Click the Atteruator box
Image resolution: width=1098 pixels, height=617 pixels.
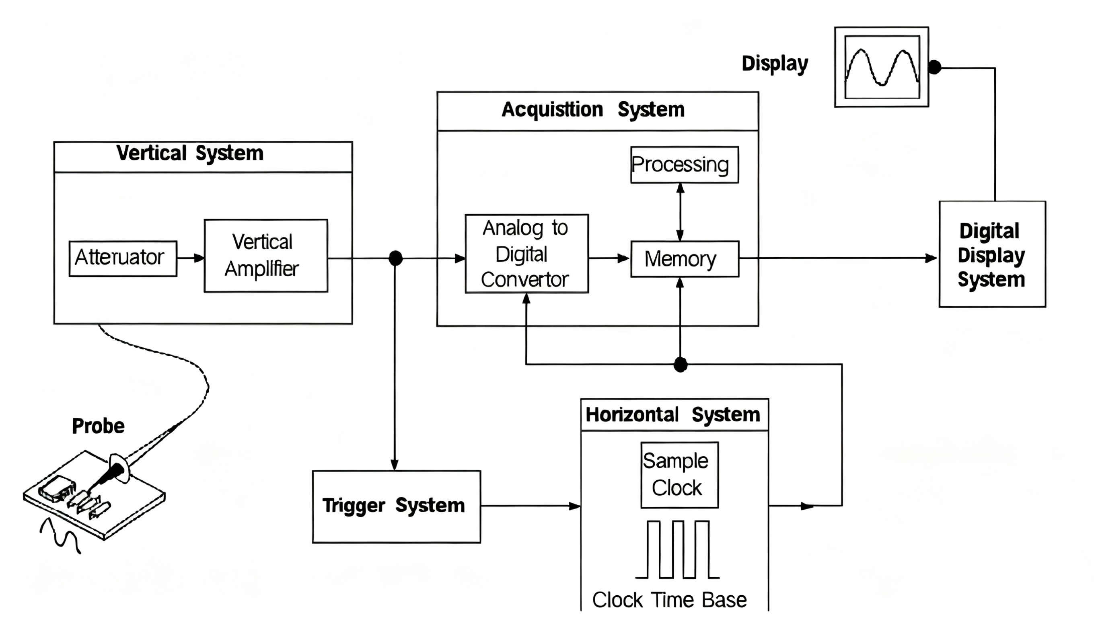[x=123, y=258]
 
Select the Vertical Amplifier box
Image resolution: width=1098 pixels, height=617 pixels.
[x=265, y=256]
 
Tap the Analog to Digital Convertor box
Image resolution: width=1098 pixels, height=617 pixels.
[x=526, y=254]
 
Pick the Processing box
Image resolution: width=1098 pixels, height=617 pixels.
[x=684, y=165]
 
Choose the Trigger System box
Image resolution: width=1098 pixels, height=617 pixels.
[x=396, y=506]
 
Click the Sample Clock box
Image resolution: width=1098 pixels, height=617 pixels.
[x=679, y=475]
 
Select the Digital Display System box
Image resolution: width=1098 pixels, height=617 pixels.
[x=992, y=254]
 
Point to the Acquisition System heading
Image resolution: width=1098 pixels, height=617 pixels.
[x=593, y=110]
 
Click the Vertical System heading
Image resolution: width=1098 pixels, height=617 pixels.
[x=190, y=154]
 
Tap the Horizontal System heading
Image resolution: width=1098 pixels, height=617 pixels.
[x=672, y=414]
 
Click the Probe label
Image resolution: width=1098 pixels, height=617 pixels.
[x=98, y=426]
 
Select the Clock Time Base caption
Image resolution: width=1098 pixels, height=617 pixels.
[x=669, y=600]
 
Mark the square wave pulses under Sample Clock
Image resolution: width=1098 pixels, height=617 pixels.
[x=678, y=550]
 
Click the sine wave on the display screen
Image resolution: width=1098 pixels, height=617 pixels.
[x=882, y=67]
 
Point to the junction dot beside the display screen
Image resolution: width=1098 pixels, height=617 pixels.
[x=934, y=67]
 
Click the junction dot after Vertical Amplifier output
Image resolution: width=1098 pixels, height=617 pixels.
[x=395, y=258]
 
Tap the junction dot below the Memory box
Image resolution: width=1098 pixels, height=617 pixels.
[x=680, y=365]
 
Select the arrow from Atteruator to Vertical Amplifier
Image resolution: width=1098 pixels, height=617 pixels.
[x=190, y=258]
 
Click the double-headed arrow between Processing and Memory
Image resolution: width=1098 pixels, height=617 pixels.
[x=680, y=212]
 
